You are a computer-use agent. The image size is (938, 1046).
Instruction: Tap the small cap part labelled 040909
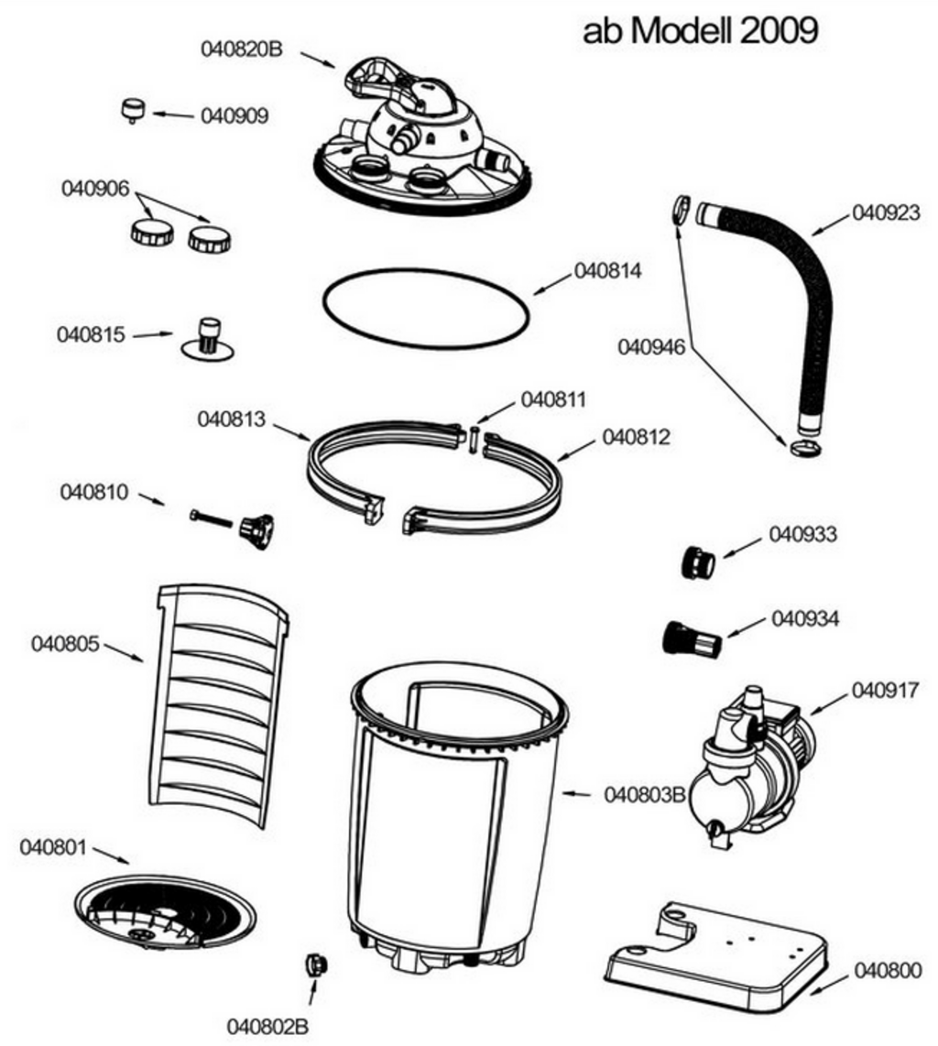[134, 110]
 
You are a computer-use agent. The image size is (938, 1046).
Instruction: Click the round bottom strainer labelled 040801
[165, 912]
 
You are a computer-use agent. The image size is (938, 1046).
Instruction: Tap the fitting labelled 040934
[692, 638]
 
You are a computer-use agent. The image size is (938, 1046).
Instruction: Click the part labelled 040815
[208, 338]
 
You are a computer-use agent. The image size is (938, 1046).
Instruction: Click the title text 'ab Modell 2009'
[700, 31]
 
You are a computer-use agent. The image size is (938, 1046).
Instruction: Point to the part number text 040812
[636, 438]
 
